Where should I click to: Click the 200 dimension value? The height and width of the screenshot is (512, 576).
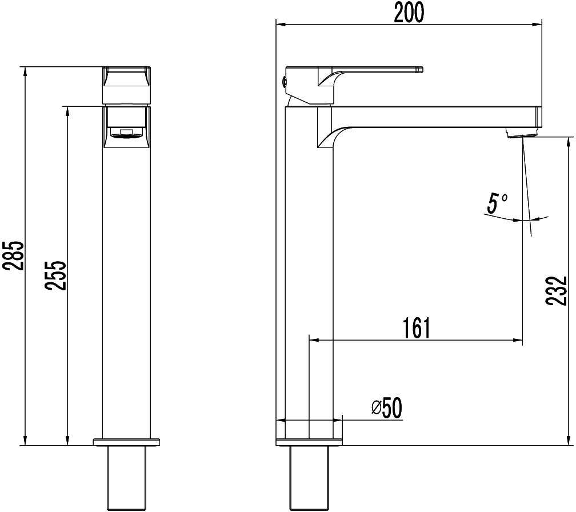pos(409,12)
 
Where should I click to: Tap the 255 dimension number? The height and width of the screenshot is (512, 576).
pos(57,275)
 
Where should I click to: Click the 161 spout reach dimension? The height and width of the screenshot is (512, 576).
pos(415,328)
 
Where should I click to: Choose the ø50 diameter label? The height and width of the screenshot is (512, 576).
pos(387,407)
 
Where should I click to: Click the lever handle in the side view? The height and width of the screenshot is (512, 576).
pos(377,70)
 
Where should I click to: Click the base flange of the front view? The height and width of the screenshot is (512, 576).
pos(127,442)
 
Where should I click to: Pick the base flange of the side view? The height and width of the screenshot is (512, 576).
pos(309,442)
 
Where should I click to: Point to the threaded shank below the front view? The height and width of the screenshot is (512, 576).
pos(127,477)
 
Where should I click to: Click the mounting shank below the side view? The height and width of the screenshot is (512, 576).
pos(309,477)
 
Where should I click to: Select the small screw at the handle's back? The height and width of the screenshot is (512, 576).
pos(283,81)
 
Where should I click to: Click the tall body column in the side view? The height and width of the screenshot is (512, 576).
pos(309,274)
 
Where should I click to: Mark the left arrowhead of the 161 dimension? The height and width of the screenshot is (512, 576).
pos(312,341)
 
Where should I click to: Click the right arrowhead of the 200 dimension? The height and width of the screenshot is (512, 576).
pos(538,24)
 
